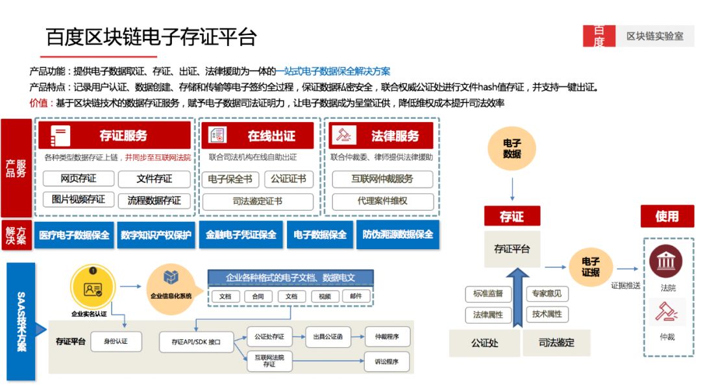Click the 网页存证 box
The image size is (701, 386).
(x=79, y=179)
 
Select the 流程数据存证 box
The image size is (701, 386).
(x=154, y=200)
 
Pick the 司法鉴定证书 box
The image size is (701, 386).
(x=258, y=201)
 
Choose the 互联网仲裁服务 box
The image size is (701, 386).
(x=382, y=179)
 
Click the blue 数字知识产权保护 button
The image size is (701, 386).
(x=156, y=235)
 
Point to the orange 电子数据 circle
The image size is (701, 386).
(x=512, y=149)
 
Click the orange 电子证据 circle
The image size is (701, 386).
(x=591, y=267)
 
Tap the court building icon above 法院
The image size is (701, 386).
(x=665, y=262)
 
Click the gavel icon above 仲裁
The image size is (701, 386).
(x=666, y=313)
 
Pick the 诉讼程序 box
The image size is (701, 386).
(x=387, y=361)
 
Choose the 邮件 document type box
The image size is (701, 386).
(x=356, y=296)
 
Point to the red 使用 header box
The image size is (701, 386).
(x=667, y=217)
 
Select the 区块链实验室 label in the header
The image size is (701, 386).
(x=654, y=36)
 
